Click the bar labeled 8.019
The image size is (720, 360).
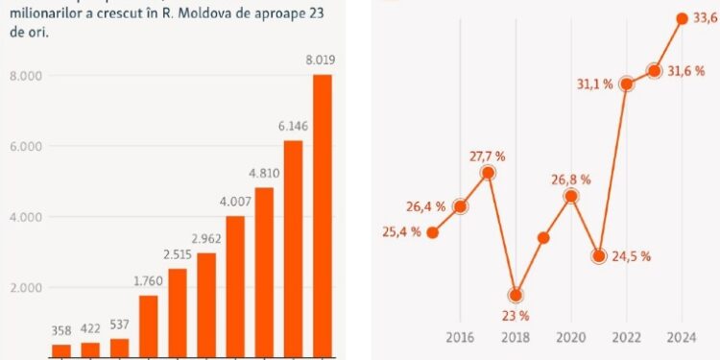(322, 216)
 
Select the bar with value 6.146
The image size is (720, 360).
(293, 249)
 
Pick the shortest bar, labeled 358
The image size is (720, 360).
(61, 350)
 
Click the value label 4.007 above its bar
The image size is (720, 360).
(235, 203)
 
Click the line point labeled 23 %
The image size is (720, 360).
(516, 295)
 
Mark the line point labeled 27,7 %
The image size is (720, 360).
(488, 173)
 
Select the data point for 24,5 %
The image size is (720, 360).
(599, 256)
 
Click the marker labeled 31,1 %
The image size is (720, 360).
(627, 84)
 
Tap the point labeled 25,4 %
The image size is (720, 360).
(433, 232)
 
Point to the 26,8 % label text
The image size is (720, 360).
(571, 179)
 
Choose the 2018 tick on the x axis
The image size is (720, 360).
(516, 338)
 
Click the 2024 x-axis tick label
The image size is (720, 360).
(681, 338)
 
